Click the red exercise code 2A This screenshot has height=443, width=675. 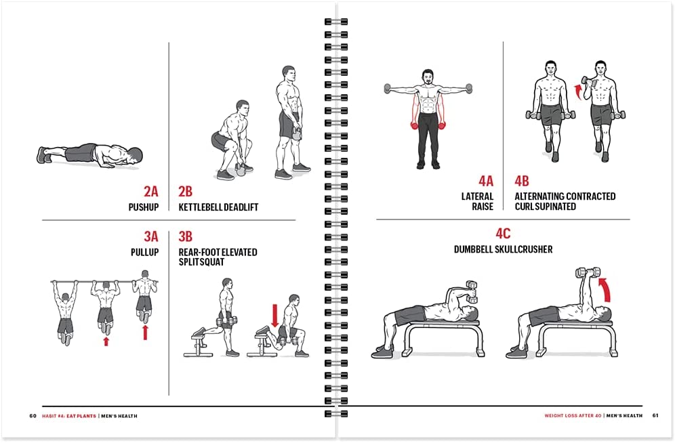pos(150,192)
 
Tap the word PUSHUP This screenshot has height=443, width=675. pos(144,207)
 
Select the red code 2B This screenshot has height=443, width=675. pos(186,192)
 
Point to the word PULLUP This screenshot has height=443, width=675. pos(144,252)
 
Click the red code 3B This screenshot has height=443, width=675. pos(186,236)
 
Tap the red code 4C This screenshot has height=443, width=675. pos(503,234)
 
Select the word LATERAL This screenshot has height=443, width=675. pos(477,196)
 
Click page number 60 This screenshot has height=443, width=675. pos(33,416)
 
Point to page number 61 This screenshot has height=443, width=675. pos(655,415)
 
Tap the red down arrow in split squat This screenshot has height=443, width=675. pos(275,316)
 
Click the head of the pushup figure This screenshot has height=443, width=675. pos(134,156)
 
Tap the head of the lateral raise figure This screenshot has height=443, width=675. pos(427,77)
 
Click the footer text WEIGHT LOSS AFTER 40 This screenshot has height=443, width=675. pos(573,416)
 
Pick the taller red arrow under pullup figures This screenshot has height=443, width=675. pos(146,333)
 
